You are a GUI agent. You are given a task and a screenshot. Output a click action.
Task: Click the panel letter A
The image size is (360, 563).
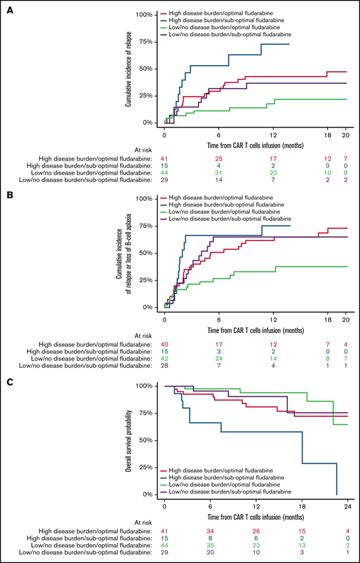click(x=6, y=6)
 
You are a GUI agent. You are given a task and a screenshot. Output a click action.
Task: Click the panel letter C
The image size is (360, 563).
click(x=6, y=379)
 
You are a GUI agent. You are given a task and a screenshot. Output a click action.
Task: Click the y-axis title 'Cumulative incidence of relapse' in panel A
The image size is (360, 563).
click(x=129, y=68)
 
